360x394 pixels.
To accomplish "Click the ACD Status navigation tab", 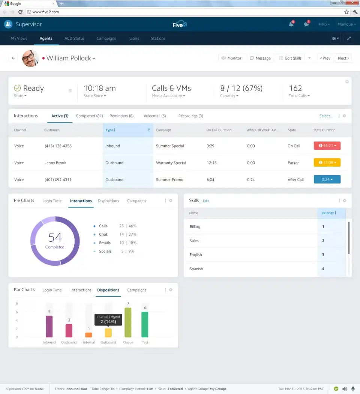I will pyautogui.click(x=74, y=38).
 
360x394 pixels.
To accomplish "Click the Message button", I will pyautogui.click(x=260, y=58).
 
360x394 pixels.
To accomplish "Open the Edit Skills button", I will pyautogui.click(x=291, y=58).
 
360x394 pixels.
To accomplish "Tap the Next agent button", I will pyautogui.click(x=343, y=58).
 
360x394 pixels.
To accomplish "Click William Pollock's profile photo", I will pyautogui.click(x=30, y=58).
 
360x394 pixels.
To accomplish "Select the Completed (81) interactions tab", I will pyautogui.click(x=89, y=116).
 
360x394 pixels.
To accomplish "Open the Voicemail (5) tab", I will pyautogui.click(x=154, y=116).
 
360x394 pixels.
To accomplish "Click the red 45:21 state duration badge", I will pyautogui.click(x=327, y=146).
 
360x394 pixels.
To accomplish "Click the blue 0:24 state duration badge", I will pyautogui.click(x=327, y=180).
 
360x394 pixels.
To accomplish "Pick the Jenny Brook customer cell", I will pyautogui.click(x=55, y=163).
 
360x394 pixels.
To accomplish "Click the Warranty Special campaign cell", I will pyautogui.click(x=171, y=163).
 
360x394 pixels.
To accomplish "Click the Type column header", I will pyautogui.click(x=110, y=130).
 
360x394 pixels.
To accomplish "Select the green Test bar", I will pyautogui.click(x=145, y=325).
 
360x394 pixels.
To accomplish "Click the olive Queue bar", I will pyautogui.click(x=128, y=322).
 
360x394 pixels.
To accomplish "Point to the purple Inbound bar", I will pyautogui.click(x=49, y=326).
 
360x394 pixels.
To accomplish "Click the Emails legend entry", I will pyautogui.click(x=105, y=243).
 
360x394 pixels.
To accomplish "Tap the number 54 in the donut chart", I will pyautogui.click(x=55, y=237).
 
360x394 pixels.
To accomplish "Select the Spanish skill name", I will pyautogui.click(x=196, y=269).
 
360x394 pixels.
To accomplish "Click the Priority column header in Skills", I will pyautogui.click(x=329, y=213).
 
